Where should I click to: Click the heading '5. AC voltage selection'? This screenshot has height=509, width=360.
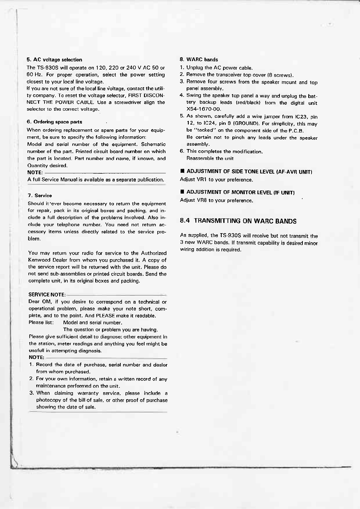(x=54, y=60)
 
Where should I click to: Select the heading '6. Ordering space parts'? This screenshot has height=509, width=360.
(x=54, y=122)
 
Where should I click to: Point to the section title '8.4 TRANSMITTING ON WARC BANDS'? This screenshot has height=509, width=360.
(x=238, y=221)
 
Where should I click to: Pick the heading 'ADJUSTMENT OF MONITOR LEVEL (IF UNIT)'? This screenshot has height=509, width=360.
(x=237, y=192)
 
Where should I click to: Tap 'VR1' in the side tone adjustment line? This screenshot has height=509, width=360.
(x=201, y=180)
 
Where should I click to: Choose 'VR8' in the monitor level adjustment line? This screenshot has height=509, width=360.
(x=202, y=200)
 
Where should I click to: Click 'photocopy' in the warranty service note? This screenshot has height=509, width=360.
(x=48, y=400)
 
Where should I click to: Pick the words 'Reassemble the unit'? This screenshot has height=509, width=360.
(x=210, y=158)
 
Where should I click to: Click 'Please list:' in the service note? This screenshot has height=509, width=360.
(x=41, y=322)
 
